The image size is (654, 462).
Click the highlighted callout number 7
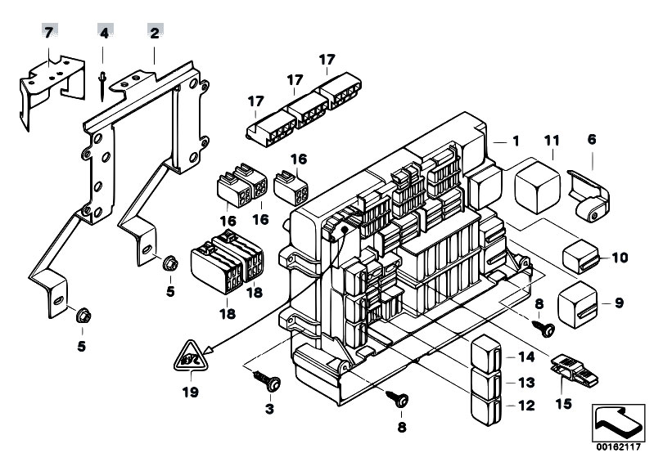tap(49, 33)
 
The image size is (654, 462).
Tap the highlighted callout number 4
tap(104, 33)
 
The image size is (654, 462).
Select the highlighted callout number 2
tap(155, 33)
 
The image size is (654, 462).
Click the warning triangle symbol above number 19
tap(190, 356)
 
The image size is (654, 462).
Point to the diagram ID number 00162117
tap(618, 447)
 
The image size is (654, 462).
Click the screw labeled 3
tap(268, 380)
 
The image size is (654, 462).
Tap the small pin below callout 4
tap(101, 87)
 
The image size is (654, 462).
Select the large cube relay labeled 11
tap(537, 186)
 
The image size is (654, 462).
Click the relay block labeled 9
tap(577, 304)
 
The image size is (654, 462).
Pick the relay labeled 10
tap(580, 256)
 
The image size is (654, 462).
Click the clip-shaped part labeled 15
tap(575, 369)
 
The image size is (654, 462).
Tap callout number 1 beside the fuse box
tap(516, 141)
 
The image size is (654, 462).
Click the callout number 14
tap(526, 357)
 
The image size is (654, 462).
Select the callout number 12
tap(526, 406)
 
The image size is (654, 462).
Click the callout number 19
tap(190, 392)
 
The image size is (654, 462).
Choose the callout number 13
tap(526, 382)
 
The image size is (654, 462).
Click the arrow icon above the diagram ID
tap(618, 423)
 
